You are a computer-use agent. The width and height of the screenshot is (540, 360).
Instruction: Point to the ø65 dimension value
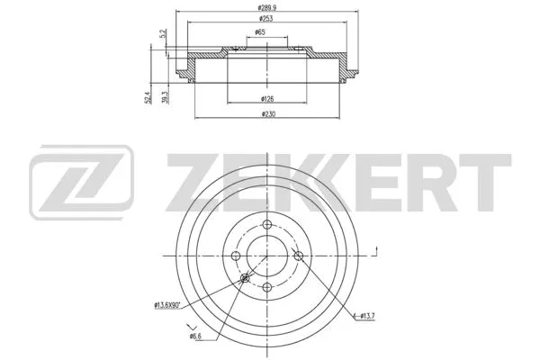point(259,33)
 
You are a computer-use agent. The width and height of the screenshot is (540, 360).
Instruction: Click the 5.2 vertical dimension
point(162,35)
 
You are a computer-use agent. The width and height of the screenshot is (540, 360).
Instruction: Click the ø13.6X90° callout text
point(168,306)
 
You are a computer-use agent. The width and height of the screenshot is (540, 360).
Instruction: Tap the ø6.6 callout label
point(195,337)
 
